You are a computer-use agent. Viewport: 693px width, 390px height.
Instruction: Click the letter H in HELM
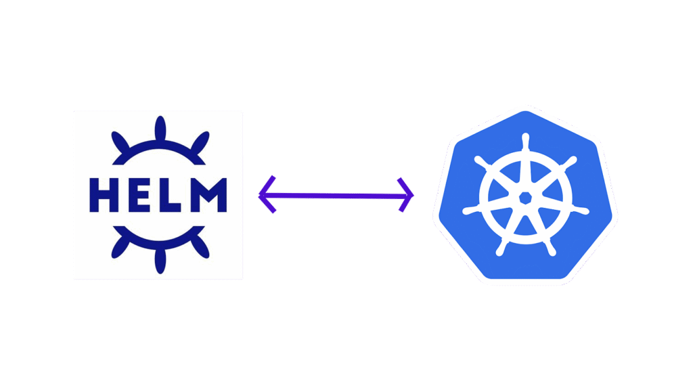tap(104, 195)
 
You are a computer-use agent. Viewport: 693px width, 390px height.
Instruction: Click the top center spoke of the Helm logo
tap(160, 128)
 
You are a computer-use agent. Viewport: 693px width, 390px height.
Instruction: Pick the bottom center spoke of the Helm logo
tap(160, 261)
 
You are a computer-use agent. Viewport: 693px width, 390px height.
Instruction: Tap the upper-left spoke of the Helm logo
tap(120, 142)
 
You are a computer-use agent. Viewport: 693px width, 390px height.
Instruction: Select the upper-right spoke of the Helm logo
tap(200, 142)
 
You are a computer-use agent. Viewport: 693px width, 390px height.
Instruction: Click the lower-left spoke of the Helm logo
tap(120, 247)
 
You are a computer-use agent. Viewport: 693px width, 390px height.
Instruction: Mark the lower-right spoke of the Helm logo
tap(200, 247)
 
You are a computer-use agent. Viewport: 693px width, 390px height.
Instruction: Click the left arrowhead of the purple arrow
tap(267, 194)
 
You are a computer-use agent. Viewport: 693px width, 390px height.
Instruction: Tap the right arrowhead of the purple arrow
tap(405, 195)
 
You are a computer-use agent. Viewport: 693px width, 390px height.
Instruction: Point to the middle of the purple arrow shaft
tap(336, 195)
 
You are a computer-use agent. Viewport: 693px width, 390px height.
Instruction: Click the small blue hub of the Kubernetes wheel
tap(525, 198)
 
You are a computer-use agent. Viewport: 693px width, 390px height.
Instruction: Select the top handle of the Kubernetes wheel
tap(525, 142)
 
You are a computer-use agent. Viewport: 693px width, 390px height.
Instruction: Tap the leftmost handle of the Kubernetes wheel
tap(472, 210)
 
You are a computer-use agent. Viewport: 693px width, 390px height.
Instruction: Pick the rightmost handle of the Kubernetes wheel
tap(580, 210)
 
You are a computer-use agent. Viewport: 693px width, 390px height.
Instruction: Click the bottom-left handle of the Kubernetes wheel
tap(501, 248)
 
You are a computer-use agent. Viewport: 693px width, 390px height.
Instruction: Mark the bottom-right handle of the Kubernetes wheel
tap(550, 248)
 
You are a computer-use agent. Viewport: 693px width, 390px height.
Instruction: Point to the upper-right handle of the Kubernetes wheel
tap(569, 162)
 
